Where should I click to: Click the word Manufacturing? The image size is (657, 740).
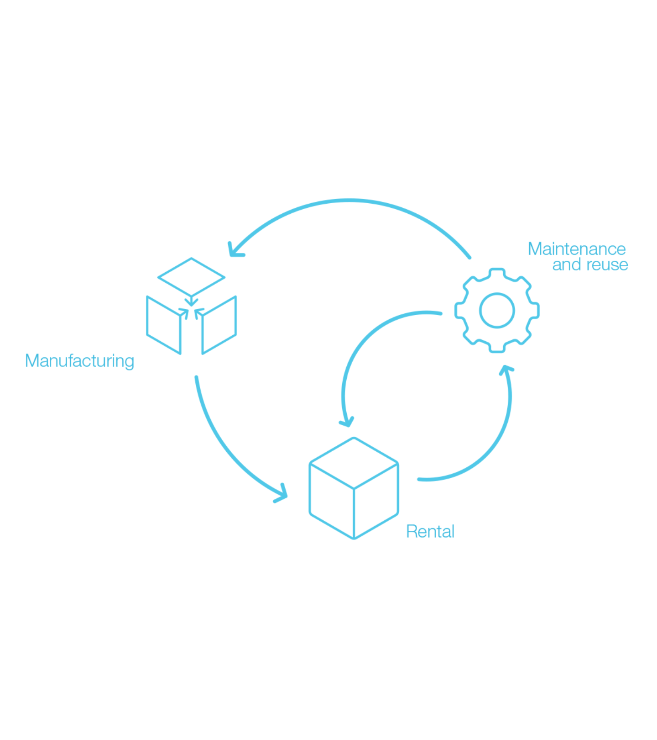(79, 361)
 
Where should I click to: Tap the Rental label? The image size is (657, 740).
(430, 531)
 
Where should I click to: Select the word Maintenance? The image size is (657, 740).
(576, 249)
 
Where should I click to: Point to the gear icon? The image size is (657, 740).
(497, 311)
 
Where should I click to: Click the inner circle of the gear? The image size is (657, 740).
(497, 311)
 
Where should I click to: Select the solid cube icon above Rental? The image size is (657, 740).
(354, 488)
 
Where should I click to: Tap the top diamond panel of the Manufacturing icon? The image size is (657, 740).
(191, 277)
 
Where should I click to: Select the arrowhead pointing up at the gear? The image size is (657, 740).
(506, 369)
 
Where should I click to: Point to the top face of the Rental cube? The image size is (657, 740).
(354, 462)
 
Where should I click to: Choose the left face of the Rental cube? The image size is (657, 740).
(332, 501)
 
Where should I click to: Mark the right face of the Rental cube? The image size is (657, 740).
(376, 501)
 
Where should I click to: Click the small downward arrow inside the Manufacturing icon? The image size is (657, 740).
(191, 301)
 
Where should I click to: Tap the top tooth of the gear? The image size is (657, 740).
(497, 273)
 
